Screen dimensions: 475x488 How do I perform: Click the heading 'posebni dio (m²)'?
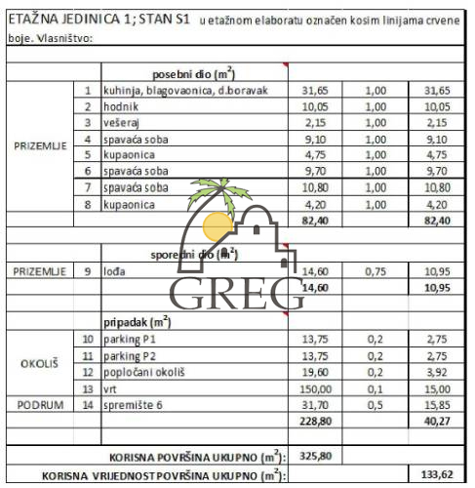tap(193, 74)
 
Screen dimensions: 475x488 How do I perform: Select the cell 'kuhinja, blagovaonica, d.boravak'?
tap(182, 90)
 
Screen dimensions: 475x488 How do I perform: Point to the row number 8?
tap(88, 204)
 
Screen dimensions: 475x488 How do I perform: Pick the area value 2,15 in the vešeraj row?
tap(314, 122)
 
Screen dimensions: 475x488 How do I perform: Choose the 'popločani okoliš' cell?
tap(143, 371)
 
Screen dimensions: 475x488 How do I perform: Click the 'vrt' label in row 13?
tap(110, 387)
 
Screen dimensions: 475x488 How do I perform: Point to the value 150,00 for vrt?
tap(314, 387)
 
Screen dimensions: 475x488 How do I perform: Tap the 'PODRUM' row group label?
tap(40, 404)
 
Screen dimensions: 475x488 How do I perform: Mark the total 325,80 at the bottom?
tap(320, 455)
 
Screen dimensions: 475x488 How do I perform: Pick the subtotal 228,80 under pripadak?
tap(314, 421)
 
